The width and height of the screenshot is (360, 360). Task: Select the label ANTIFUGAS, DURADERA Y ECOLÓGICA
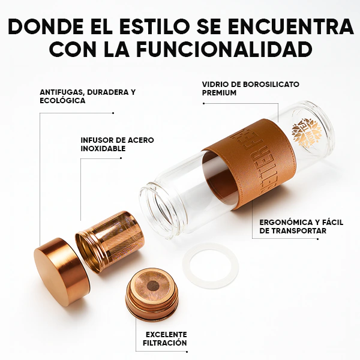[88, 96]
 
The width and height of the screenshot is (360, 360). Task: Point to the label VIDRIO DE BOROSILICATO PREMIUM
[251, 88]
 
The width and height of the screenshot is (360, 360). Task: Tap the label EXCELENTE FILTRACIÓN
[166, 338]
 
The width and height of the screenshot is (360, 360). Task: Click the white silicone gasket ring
[210, 266]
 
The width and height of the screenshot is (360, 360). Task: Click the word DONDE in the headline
[49, 26]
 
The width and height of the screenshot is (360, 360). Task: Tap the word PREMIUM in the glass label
[220, 93]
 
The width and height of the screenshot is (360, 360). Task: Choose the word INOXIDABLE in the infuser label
[103, 148]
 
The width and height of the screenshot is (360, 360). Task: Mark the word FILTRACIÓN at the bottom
[166, 343]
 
